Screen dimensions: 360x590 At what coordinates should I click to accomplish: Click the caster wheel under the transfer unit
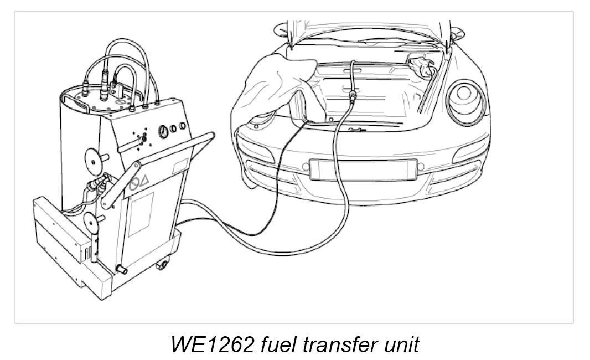coord(162,266)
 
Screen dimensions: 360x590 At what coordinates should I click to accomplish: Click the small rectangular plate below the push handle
coord(181,166)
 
